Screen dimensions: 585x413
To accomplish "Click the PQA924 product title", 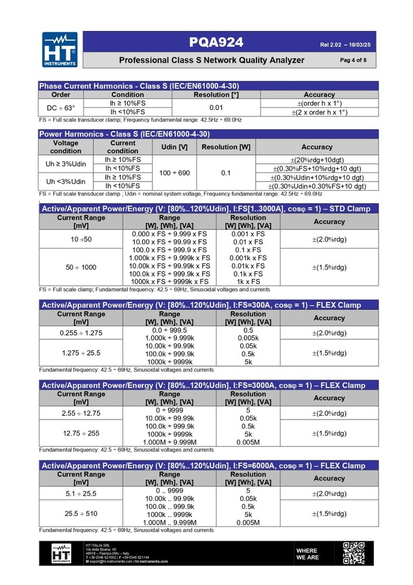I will (x=216, y=42).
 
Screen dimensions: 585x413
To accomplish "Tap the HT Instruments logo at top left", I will (x=60, y=49).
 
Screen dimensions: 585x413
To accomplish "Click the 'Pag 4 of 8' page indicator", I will (x=353, y=60).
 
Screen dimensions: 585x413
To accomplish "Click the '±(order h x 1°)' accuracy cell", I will (x=319, y=103).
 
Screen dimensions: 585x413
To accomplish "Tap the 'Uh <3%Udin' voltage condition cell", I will (x=65, y=181).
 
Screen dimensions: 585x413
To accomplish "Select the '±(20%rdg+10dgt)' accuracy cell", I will (x=317, y=160).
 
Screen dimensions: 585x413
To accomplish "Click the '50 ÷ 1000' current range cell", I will (x=81, y=267).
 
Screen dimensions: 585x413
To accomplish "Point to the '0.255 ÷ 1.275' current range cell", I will (x=81, y=333).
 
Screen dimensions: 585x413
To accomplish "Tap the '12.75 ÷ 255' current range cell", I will (x=81, y=433).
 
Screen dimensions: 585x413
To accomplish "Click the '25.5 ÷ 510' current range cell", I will (x=81, y=513).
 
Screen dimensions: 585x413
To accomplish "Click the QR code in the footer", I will (x=353, y=553).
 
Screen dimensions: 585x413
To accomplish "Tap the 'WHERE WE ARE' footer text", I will (x=307, y=554).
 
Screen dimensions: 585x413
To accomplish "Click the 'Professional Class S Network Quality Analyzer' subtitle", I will (x=211, y=60).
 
